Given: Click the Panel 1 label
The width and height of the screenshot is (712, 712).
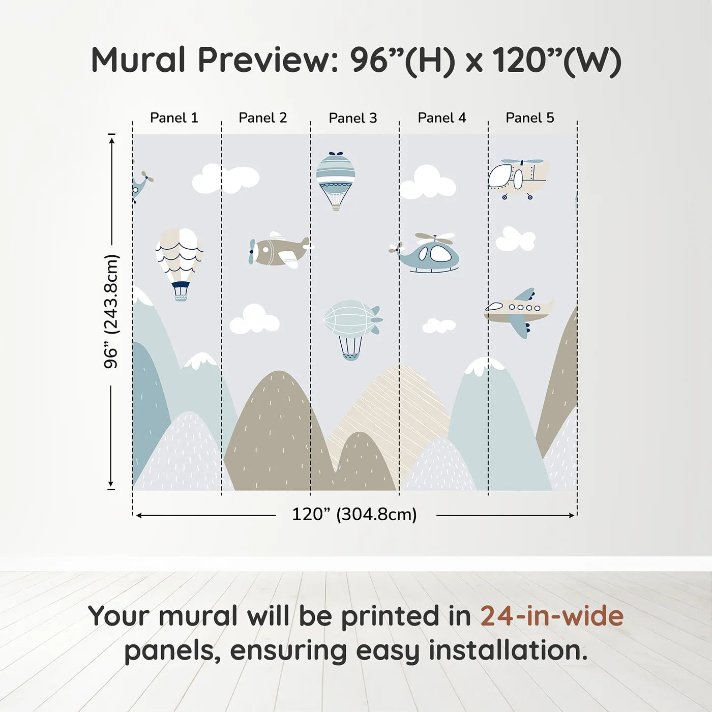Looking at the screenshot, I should point(174,118).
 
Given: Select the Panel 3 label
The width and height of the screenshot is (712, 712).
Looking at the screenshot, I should point(353,118).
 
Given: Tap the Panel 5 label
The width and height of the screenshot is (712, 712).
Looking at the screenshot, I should point(529,118).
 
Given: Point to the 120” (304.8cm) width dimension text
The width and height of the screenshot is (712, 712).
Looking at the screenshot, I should point(354,515).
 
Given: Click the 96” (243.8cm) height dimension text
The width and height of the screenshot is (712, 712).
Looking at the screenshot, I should point(111,311).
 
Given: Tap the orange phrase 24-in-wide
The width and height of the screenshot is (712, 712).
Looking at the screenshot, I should point(552,616).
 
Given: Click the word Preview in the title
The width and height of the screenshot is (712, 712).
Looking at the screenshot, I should point(264,60).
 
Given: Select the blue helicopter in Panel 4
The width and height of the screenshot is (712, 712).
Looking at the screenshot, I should point(430,253).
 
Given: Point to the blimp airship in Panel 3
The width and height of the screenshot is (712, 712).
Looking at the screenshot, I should point(351,325).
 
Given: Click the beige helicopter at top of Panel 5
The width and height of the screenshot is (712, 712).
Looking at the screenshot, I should point(518,178).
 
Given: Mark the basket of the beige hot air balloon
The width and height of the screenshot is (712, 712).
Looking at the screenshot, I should point(181,291).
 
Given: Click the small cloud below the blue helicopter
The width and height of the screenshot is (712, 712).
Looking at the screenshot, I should point(438,325).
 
